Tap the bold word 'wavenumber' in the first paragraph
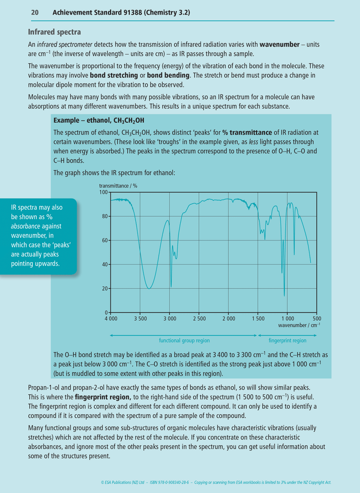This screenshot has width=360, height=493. tap(279, 44)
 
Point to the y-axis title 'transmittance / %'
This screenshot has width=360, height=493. tap(118, 186)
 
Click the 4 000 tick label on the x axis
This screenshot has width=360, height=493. tap(111, 319)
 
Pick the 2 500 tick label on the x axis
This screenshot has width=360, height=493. tap(199, 319)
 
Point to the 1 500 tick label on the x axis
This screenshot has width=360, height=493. tap(258, 319)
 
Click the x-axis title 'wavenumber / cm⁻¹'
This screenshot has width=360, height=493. tap(299, 325)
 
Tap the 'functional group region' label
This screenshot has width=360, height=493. tap(184, 340)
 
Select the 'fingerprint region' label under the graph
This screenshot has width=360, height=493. tap(287, 340)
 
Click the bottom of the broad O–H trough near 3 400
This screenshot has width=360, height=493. tap(149, 288)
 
